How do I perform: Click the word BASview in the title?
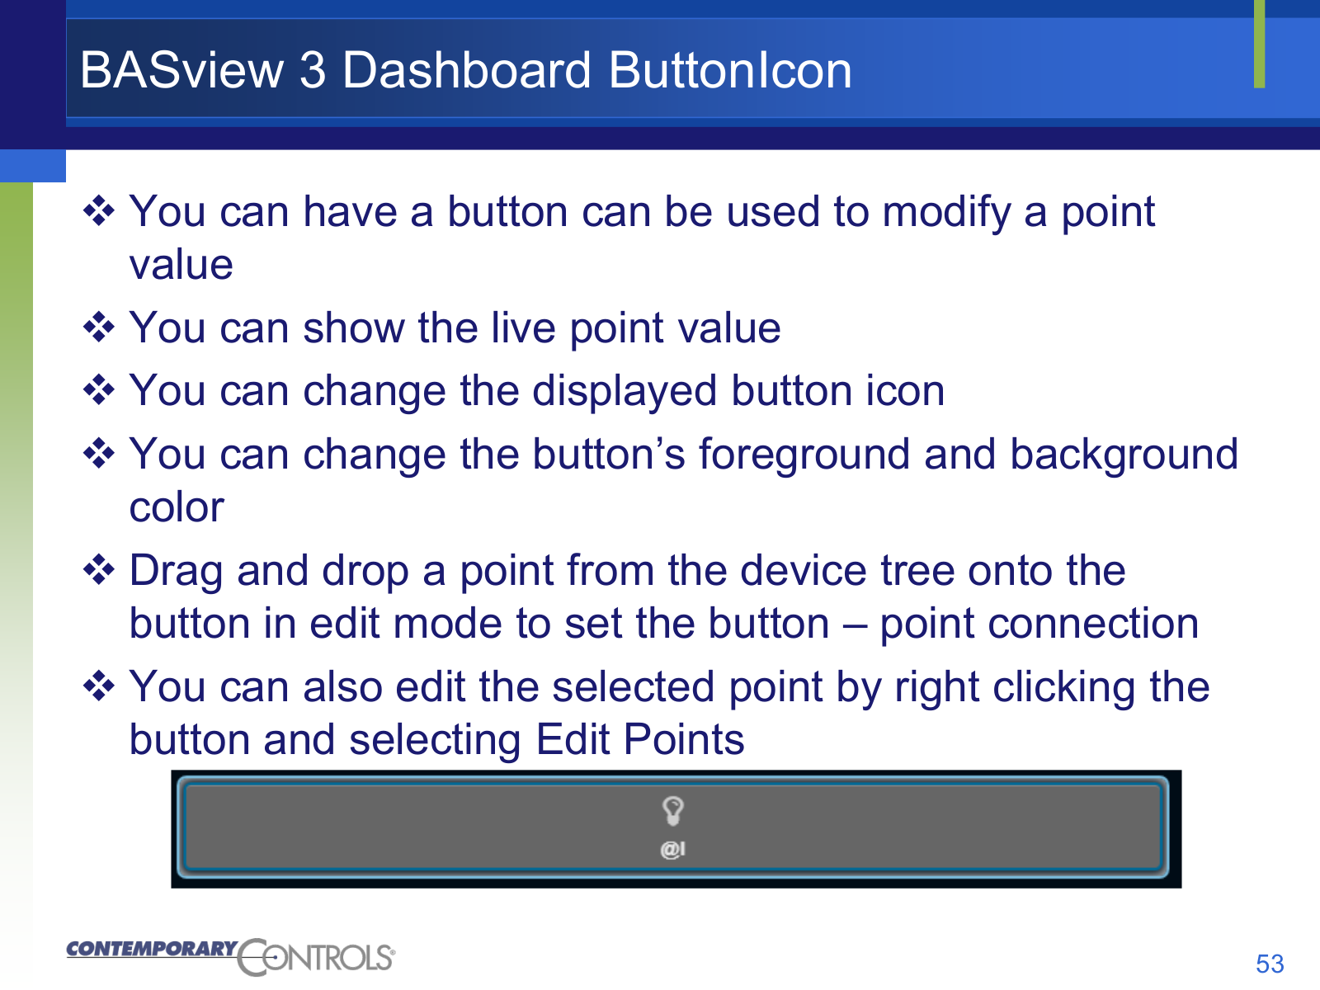(x=181, y=70)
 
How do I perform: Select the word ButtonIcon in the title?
(x=730, y=70)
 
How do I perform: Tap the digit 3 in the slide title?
(x=313, y=70)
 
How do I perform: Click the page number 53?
(x=1270, y=964)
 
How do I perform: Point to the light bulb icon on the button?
(x=673, y=811)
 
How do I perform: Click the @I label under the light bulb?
(x=673, y=850)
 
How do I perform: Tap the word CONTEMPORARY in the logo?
(x=152, y=949)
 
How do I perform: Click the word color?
(x=177, y=508)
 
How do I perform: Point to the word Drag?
(x=177, y=571)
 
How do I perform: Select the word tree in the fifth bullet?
(x=917, y=570)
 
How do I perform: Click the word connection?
(x=1039, y=624)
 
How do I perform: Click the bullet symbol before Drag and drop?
(x=99, y=569)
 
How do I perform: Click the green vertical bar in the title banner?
(x=1259, y=44)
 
